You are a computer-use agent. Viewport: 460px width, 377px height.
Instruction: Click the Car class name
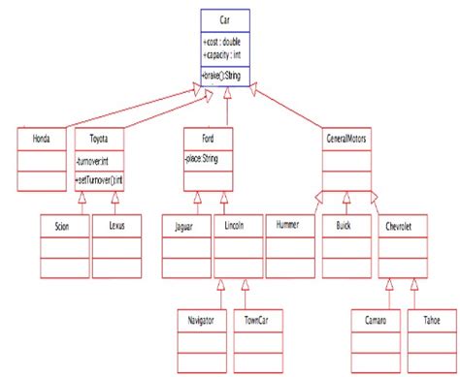(226, 18)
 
